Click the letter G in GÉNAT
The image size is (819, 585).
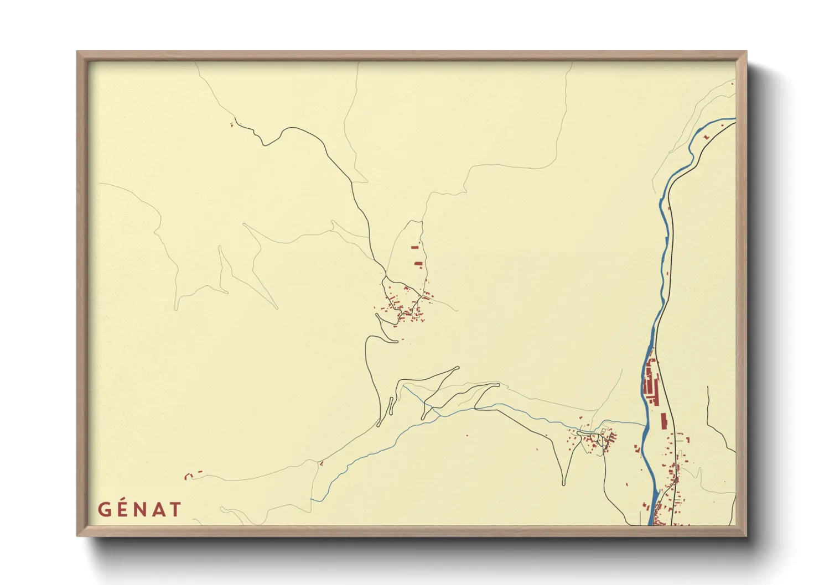(x=105, y=509)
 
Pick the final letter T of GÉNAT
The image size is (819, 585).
(x=174, y=509)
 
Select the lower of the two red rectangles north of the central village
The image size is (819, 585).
(x=418, y=264)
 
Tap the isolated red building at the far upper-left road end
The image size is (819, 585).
(x=231, y=124)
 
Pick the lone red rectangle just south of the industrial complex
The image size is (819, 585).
(x=664, y=421)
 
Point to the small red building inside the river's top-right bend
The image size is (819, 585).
(x=706, y=136)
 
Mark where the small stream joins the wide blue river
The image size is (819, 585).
(x=645, y=426)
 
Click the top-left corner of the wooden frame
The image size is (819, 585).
(x=77, y=52)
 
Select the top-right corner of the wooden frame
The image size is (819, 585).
(x=746, y=52)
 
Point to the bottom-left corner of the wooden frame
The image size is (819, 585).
(x=77, y=535)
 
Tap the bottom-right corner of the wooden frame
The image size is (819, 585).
(x=746, y=535)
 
